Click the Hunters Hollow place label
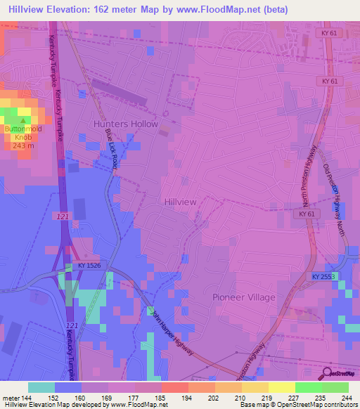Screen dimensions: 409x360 (x=126, y=124)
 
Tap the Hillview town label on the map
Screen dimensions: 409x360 (x=180, y=201)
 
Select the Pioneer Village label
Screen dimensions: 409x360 (x=244, y=297)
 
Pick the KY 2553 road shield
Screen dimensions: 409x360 (x=324, y=277)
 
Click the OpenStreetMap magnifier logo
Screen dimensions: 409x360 (x=328, y=373)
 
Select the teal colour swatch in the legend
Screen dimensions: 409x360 (x=41, y=387)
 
